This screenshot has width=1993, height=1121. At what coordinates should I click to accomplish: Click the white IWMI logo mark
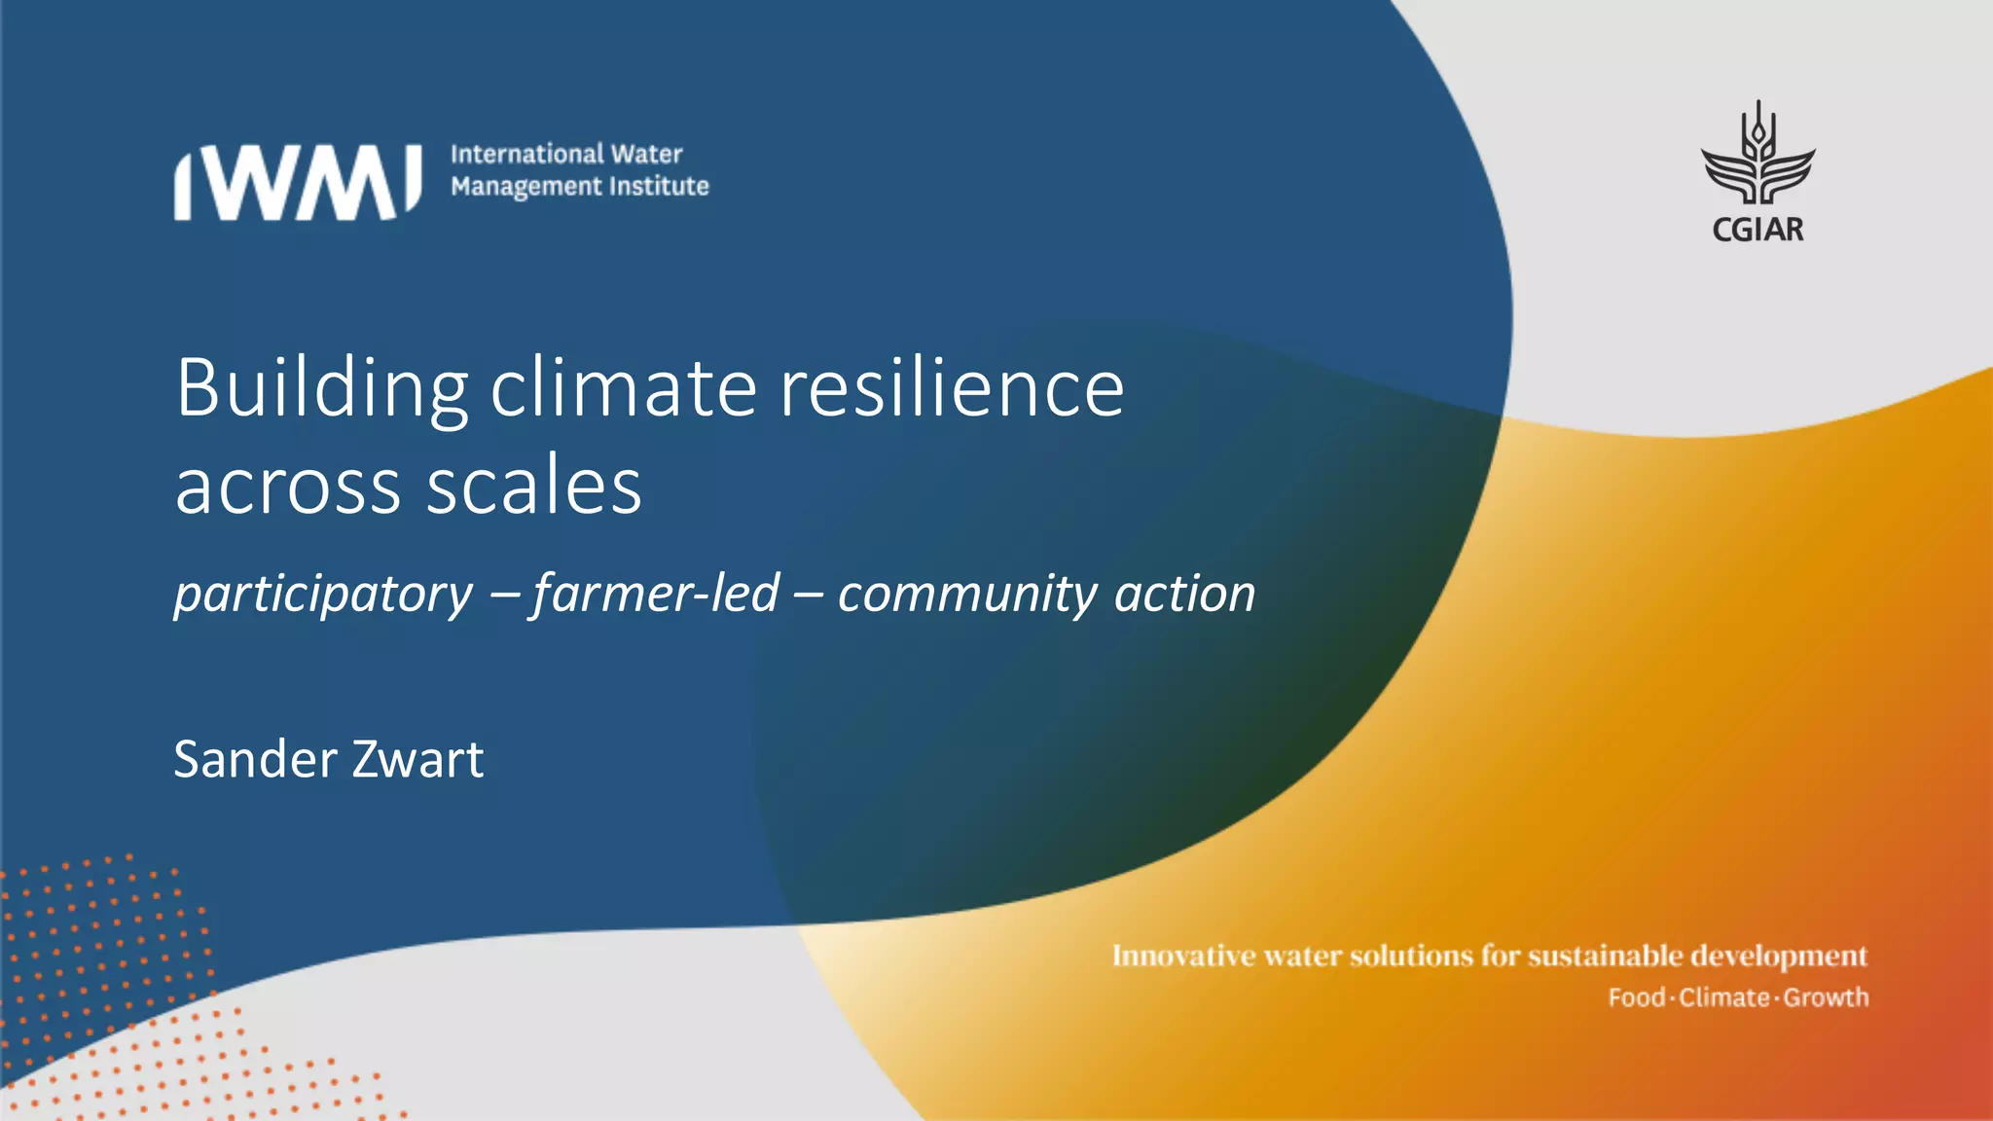tap(298, 182)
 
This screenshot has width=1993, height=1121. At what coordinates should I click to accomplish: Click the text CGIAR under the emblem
tap(1757, 230)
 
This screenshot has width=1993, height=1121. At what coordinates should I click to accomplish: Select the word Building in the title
tap(321, 389)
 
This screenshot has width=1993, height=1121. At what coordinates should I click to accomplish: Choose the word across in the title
tap(288, 487)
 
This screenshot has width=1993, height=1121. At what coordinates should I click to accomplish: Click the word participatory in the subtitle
tap(323, 595)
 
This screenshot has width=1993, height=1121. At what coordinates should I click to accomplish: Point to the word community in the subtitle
tap(967, 595)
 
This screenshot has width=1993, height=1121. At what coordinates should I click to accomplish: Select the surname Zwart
tap(417, 759)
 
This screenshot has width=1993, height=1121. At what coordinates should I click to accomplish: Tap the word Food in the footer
tap(1636, 997)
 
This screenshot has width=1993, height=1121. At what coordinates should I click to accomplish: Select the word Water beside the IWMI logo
tap(646, 154)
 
